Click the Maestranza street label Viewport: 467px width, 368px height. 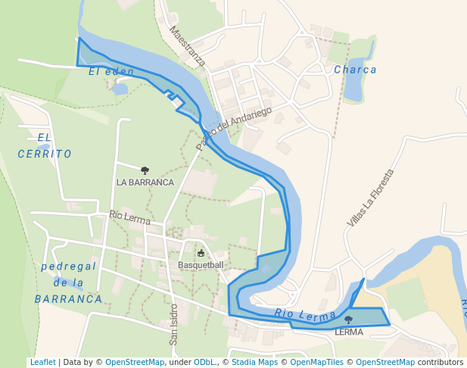[x=188, y=47]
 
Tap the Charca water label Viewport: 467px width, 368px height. [x=355, y=70]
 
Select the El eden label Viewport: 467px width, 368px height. [x=111, y=72]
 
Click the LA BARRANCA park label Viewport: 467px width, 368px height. [x=145, y=182]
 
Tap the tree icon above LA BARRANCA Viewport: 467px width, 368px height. [x=145, y=171]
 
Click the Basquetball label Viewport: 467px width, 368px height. [x=201, y=265]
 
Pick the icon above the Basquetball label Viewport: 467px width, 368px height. [x=201, y=254]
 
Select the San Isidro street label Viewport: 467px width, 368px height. [x=173, y=324]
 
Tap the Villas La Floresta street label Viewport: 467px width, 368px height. [x=371, y=198]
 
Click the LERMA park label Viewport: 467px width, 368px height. [x=348, y=332]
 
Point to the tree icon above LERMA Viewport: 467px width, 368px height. [x=348, y=320]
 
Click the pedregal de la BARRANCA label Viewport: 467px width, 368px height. [x=68, y=282]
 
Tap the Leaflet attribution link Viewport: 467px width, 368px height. [x=43, y=363]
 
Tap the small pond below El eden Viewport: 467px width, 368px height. [x=120, y=89]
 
